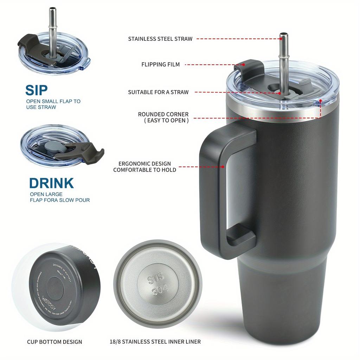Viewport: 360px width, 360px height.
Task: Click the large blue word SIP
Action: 36,90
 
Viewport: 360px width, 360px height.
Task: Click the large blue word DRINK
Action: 51,183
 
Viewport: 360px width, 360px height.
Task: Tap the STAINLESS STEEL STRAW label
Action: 160,39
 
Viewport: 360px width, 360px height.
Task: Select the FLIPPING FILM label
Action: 160,64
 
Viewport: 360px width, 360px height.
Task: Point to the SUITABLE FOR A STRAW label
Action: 158,92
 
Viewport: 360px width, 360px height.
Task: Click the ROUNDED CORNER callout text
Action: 163,117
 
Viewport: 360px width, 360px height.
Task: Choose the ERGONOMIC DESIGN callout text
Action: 144,167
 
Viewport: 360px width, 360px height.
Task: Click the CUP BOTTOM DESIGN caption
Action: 54,341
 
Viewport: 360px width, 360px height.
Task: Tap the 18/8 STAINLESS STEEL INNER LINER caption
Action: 155,341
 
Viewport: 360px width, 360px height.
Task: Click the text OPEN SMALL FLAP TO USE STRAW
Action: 53,104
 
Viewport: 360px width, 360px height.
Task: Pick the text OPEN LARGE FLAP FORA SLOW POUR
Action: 59,197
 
